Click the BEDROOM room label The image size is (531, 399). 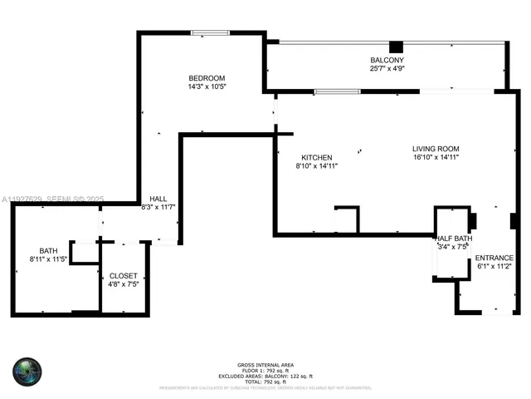pos(207,78)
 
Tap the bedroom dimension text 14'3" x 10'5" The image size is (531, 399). pos(207,86)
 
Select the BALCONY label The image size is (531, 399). pos(387,61)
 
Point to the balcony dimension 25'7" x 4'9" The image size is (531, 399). pos(387,69)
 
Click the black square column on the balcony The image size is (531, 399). pos(397,47)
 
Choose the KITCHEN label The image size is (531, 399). pos(316,157)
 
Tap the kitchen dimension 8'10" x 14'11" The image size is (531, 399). pos(316,165)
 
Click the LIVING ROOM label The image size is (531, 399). pos(436,149)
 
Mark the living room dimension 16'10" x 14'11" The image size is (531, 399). pos(436,157)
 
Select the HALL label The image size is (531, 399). pos(158,198)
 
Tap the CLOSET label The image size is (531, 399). pos(124,275)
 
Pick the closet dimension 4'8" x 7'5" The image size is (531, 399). pos(124,283)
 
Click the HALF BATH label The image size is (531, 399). pos(454,239)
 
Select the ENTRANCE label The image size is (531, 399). pos(494,258)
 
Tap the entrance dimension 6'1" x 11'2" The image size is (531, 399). pos(494,266)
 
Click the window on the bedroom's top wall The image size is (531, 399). pos(210,32)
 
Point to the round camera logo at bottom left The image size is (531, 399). pos(27,371)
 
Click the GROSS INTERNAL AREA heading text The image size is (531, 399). pos(265,365)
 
